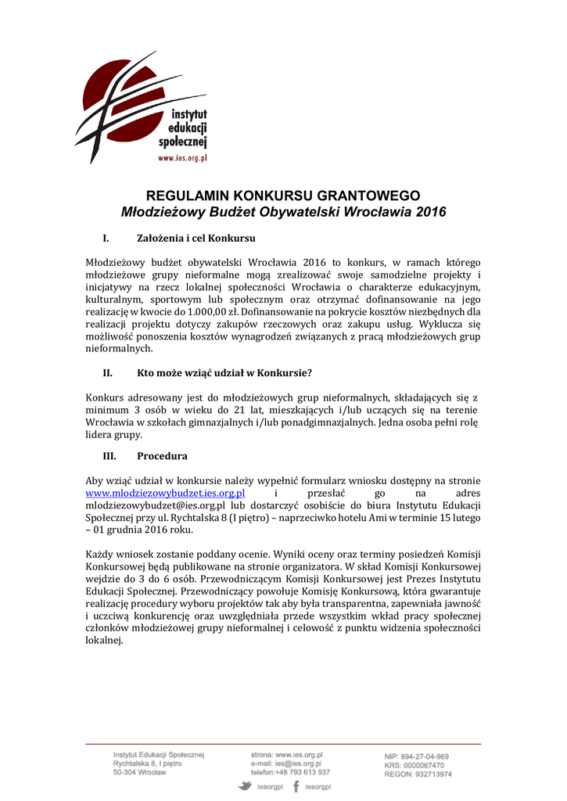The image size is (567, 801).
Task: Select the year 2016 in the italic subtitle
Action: tap(430, 212)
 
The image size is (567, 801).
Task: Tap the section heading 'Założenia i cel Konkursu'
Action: tap(197, 238)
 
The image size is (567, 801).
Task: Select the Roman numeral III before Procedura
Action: tap(109, 456)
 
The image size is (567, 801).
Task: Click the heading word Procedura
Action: tap(162, 456)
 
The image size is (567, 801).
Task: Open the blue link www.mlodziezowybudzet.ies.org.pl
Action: tap(165, 493)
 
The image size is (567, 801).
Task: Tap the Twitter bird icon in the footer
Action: tap(244, 786)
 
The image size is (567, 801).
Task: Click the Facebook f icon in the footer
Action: tap(296, 786)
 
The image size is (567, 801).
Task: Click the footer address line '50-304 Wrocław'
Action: tap(140, 772)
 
